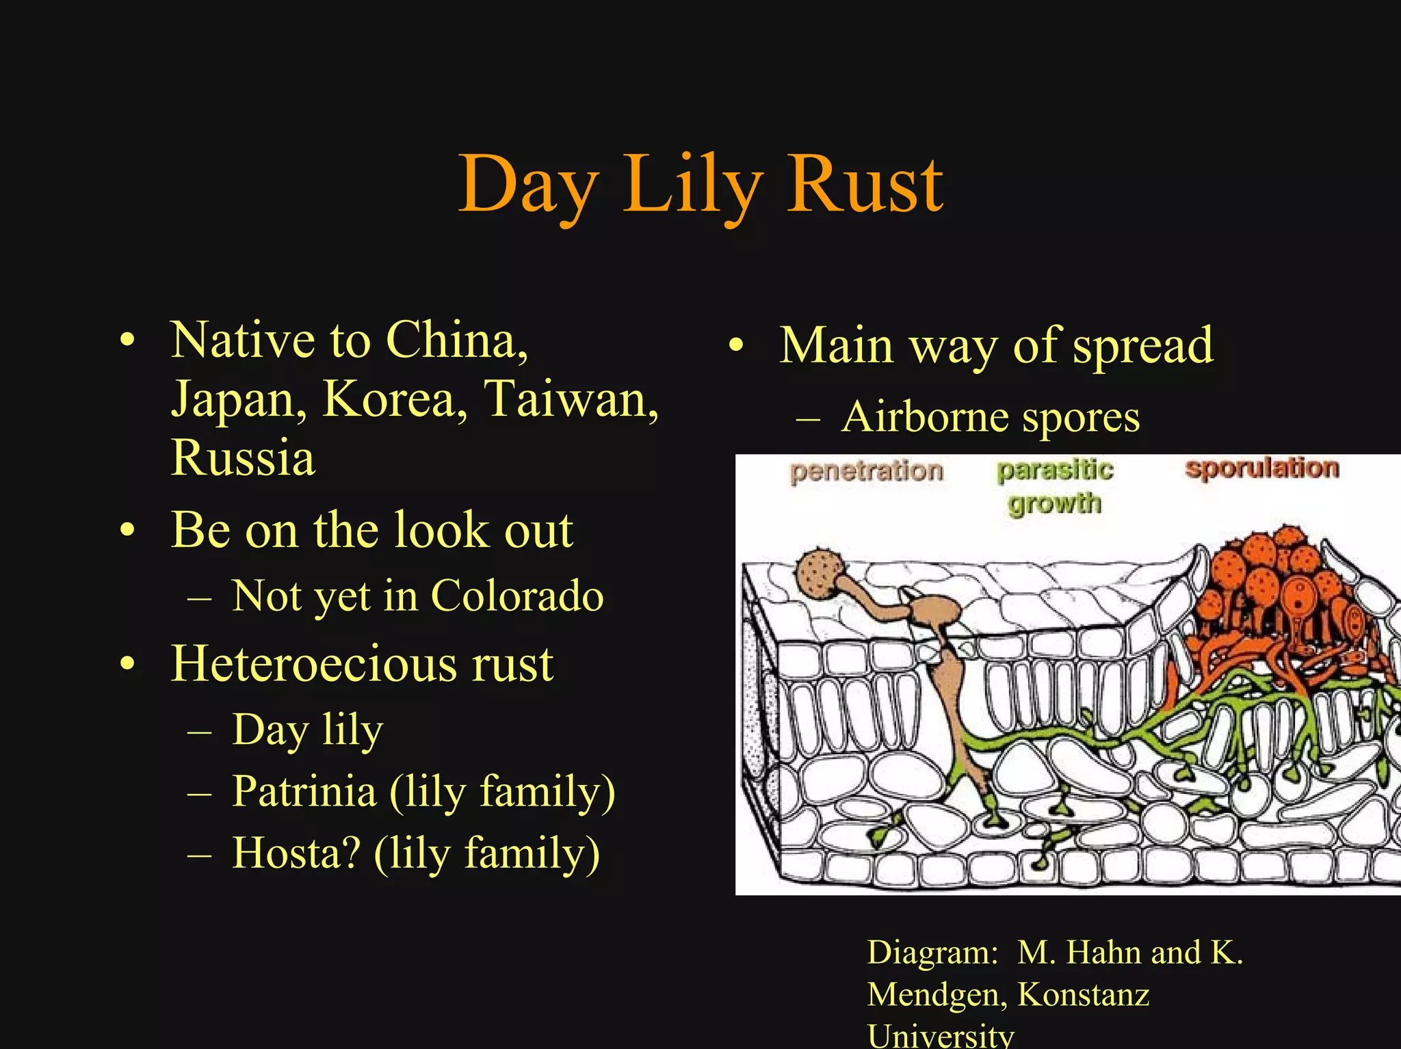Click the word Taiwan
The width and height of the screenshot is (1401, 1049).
(x=571, y=399)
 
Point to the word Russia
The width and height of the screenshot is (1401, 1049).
(x=243, y=457)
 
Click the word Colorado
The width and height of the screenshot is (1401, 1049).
(x=517, y=596)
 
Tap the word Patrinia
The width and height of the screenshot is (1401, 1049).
(x=304, y=791)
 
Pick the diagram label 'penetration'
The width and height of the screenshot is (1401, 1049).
(x=867, y=471)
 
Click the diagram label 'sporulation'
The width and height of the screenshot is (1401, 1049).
(x=1262, y=468)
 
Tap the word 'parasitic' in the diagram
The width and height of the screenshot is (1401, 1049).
(x=1055, y=470)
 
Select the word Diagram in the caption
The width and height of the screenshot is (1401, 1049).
(x=932, y=952)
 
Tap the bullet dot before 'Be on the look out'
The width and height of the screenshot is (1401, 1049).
(x=127, y=531)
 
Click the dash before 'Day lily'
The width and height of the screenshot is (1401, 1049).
(x=199, y=731)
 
